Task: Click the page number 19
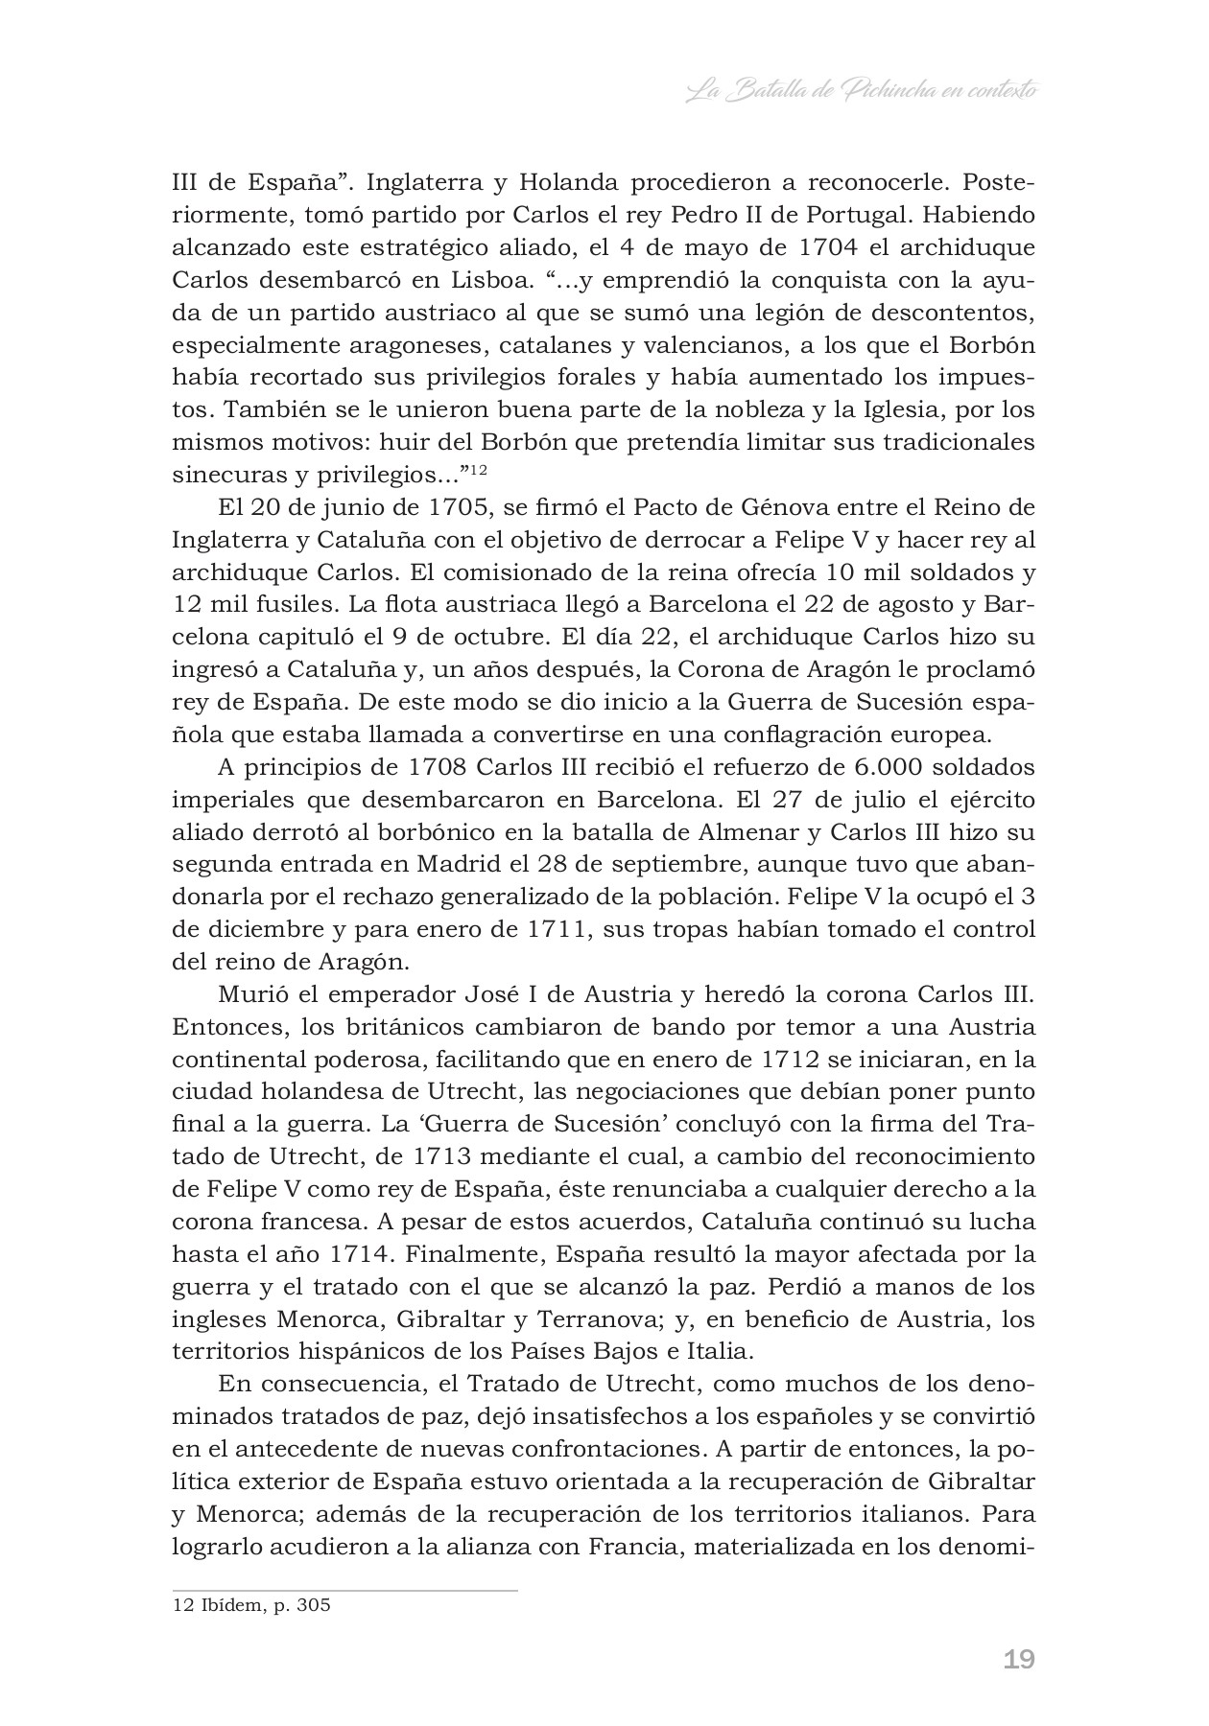tap(1019, 1660)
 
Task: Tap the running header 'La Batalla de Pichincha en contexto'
tap(864, 92)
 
